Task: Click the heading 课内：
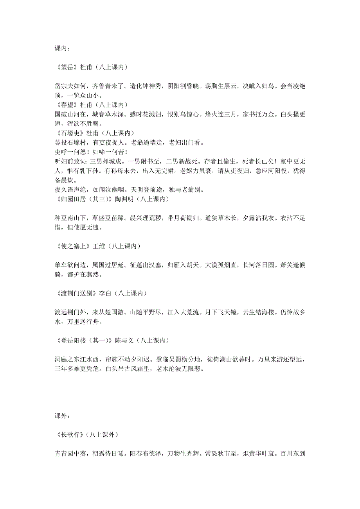pos(63,48)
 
